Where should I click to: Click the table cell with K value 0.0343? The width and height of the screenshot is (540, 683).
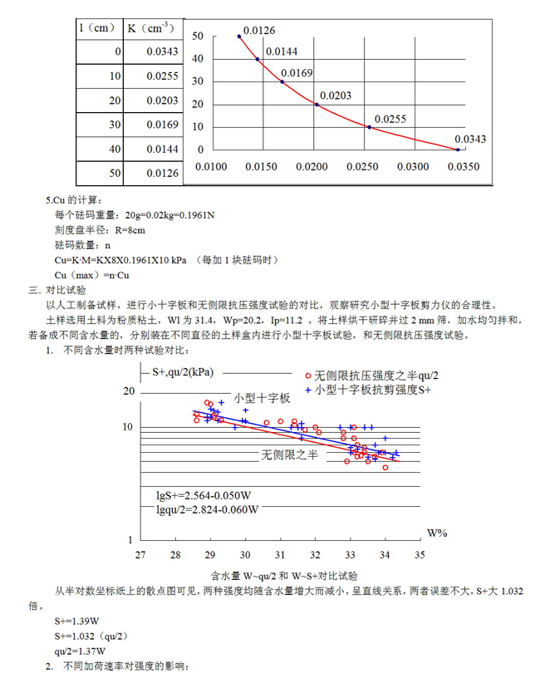(154, 52)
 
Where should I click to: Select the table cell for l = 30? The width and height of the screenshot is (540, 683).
(100, 125)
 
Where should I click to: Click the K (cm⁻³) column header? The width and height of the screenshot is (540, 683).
(150, 29)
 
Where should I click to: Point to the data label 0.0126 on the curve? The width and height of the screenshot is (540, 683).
(259, 31)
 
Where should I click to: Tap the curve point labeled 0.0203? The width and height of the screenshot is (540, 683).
(317, 105)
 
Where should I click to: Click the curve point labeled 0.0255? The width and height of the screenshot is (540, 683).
(370, 127)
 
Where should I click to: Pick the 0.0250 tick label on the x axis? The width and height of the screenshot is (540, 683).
(362, 166)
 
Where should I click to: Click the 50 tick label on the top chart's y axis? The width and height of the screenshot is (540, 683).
(198, 37)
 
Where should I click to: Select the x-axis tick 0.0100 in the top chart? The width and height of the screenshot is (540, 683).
(211, 166)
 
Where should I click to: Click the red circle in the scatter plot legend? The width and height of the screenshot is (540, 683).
(308, 376)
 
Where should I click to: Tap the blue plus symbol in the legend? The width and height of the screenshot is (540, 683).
(308, 390)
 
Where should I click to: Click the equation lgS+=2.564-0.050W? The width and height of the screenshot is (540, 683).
(204, 496)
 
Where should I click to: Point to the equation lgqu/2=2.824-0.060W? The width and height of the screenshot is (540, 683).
(208, 509)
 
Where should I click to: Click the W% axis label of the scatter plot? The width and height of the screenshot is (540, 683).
(437, 533)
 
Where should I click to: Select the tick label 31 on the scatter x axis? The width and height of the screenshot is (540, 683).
(280, 555)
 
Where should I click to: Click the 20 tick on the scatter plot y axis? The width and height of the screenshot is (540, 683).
(129, 391)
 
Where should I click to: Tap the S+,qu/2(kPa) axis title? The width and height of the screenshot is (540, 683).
(183, 372)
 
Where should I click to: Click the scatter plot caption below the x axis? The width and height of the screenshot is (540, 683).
(284, 576)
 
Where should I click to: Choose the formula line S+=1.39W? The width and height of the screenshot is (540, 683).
(76, 622)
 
